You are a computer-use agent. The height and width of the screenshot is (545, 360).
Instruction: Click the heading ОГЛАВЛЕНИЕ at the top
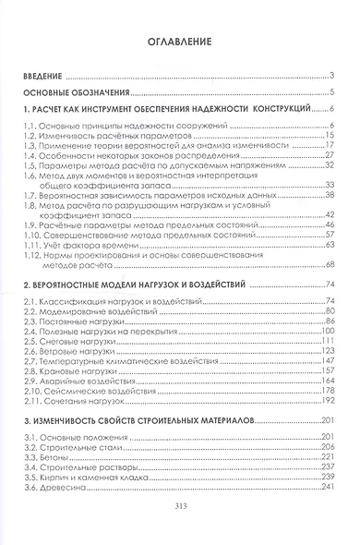tap(179, 42)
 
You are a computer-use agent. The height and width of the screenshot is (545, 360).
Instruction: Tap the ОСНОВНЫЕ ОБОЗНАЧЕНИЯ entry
tap(77, 92)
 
